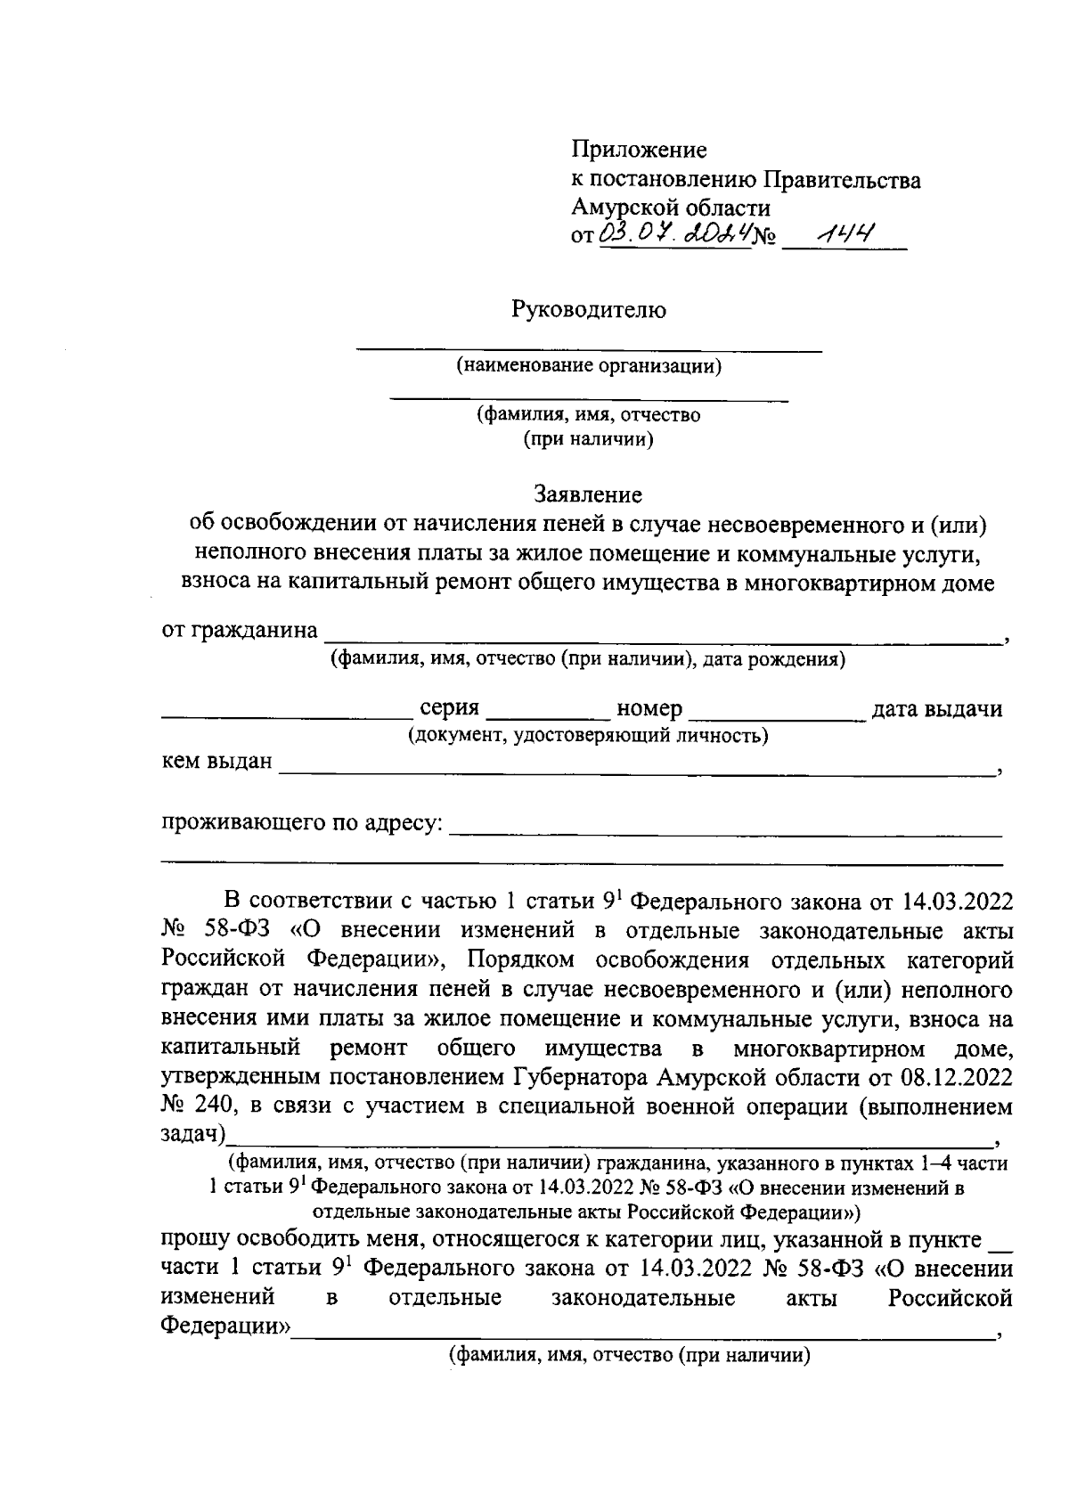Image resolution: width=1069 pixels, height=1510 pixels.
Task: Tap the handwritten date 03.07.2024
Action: (674, 235)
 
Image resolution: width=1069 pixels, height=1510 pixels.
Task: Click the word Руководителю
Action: (588, 310)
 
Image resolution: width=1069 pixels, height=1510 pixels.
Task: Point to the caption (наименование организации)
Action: (589, 366)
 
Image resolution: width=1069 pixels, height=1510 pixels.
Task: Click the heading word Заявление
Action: (587, 493)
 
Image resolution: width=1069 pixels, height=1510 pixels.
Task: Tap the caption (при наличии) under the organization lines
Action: (588, 439)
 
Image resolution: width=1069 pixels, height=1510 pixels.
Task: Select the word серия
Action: (449, 709)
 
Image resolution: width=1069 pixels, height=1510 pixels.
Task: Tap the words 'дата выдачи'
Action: (936, 709)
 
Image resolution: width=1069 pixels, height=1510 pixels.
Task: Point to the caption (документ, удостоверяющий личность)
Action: (588, 736)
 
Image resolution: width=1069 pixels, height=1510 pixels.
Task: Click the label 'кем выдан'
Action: (216, 763)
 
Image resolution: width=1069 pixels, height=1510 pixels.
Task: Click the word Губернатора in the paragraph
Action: (582, 1077)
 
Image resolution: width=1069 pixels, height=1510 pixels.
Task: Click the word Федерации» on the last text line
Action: (225, 1327)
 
